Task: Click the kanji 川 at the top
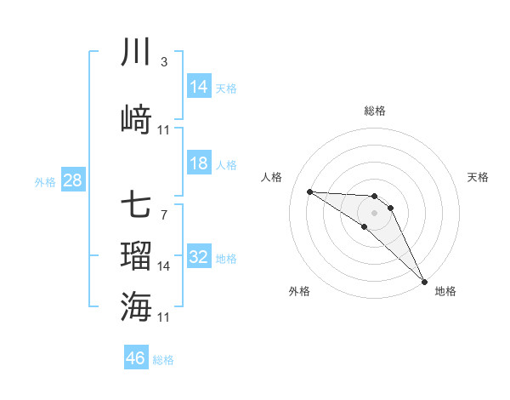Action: coord(136,54)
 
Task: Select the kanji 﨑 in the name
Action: coord(136,120)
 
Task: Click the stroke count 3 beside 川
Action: coord(164,62)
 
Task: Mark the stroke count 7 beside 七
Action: coord(164,214)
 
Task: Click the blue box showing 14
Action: coord(199,87)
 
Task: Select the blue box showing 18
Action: coord(199,163)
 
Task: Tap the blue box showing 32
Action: coord(199,257)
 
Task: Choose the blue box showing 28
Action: coord(72,180)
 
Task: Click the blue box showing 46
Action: coord(136,358)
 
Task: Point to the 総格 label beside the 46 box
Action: coord(163,360)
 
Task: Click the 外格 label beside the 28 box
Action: coord(45,182)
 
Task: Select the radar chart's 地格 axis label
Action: coord(445,291)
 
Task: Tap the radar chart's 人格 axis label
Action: coord(272,177)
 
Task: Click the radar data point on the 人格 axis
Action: coord(309,191)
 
